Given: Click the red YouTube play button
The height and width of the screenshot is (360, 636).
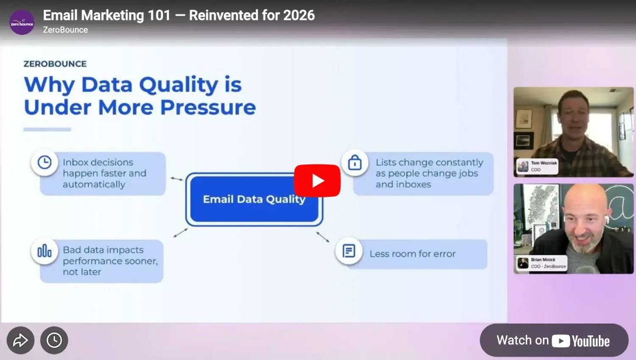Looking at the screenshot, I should coord(317,181).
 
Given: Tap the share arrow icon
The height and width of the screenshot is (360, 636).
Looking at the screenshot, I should coord(20,340).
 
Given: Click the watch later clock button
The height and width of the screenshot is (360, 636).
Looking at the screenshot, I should coord(54,340).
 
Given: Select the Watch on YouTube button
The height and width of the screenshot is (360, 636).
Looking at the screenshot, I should coord(554,340).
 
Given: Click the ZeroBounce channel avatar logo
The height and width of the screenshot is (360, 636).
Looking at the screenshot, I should coord(22,23).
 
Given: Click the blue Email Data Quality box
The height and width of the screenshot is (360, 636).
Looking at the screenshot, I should coord(254,199).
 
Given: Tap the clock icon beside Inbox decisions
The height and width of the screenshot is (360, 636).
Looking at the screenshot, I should coord(45,162).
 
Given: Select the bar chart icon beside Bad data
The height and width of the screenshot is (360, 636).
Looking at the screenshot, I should coord(45,251).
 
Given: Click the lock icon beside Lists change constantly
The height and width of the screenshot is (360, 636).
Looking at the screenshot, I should coord(355,162).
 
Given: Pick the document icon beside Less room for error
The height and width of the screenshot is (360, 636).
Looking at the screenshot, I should coord(349,251).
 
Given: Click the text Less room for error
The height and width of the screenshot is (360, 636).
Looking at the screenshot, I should coord(412,254).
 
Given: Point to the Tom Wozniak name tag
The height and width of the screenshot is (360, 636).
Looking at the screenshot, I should coord(537,166).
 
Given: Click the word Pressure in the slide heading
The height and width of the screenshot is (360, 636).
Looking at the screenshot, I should coord(208,107).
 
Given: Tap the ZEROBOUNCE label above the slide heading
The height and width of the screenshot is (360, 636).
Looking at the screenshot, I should coord(55,64).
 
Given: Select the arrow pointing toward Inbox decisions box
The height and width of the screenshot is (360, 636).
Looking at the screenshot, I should coord(177,179).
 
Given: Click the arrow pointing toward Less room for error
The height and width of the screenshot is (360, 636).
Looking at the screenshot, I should coord(323,237).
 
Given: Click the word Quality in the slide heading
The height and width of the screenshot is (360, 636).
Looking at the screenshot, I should coord(179,85).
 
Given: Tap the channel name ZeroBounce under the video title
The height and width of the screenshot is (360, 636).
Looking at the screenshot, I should coord(65,30).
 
